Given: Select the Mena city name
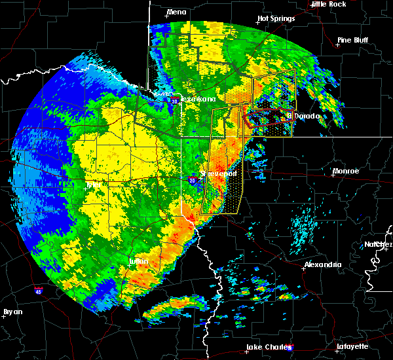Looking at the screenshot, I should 176,12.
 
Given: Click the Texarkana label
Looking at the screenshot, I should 197,99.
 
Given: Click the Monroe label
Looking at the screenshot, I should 345,171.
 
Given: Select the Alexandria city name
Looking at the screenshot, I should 322,264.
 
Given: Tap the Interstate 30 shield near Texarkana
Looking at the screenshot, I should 174,101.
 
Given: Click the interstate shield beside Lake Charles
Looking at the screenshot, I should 291,348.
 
